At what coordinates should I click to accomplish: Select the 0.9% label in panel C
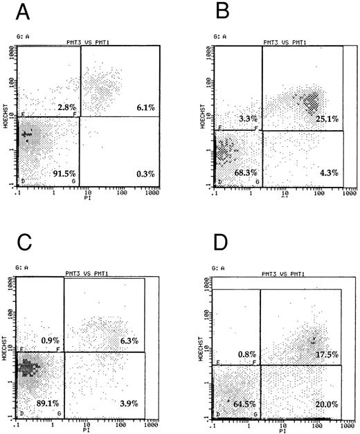[48, 340]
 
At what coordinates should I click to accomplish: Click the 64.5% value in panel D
[242, 402]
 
